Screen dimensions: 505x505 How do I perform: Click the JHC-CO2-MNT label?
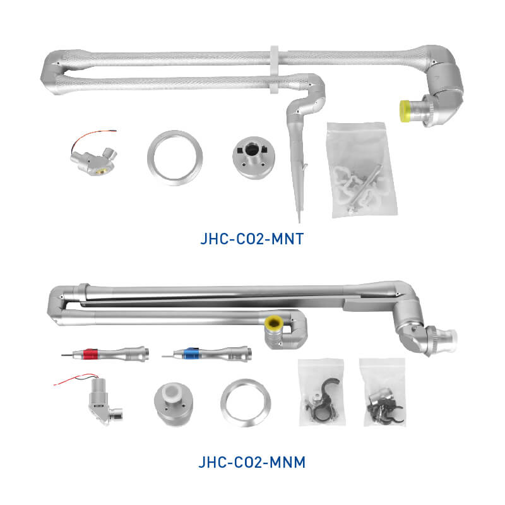pyautogui.click(x=252, y=239)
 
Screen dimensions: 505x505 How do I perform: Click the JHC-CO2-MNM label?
pyautogui.click(x=252, y=463)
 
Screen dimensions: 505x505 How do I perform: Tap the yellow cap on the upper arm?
pyautogui.click(x=405, y=111)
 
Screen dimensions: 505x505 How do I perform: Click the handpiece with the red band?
pyautogui.click(x=105, y=353)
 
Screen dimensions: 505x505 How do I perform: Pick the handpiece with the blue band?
pyautogui.click(x=206, y=353)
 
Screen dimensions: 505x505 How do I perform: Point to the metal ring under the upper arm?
pyautogui.click(x=175, y=158)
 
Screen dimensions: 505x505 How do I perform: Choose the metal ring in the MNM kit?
pyautogui.click(x=246, y=403)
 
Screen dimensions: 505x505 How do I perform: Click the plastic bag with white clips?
pyautogui.click(x=361, y=170)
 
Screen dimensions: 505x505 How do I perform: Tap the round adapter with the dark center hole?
pyautogui.click(x=254, y=157)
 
